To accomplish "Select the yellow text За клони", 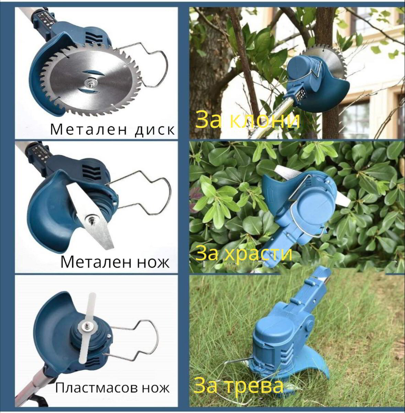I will click(248, 121).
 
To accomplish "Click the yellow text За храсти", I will click(244, 254).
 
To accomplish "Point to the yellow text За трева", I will click(239, 386).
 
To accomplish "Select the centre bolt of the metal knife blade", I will click(92, 218).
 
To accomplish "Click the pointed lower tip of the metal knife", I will click(109, 246).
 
